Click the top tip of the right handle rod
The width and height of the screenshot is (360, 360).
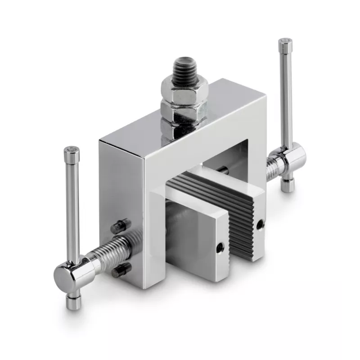[x=285, y=43]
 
